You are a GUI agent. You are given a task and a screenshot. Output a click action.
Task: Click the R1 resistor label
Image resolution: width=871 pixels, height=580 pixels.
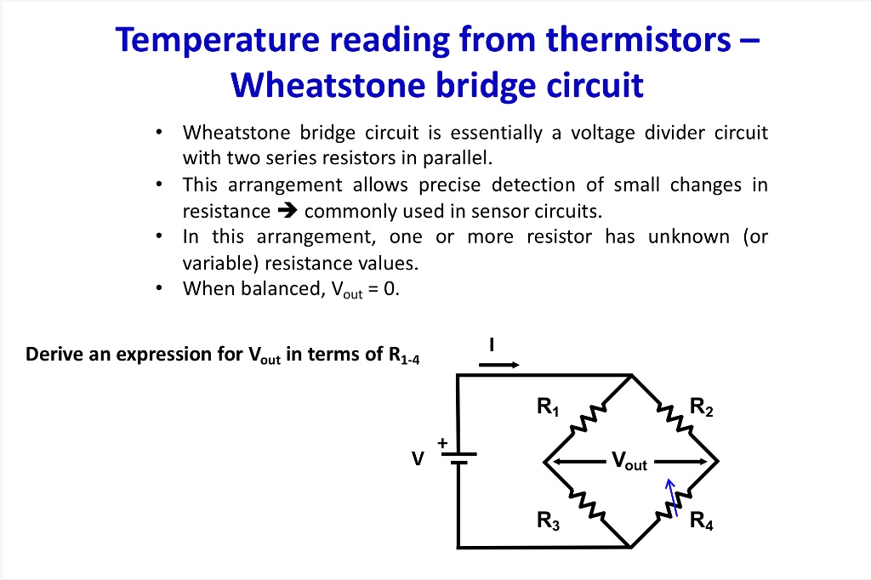[549, 407]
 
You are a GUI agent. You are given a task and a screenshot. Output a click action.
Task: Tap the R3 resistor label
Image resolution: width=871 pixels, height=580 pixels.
[549, 521]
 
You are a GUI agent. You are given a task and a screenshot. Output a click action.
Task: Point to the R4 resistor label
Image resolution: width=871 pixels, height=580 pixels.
[702, 521]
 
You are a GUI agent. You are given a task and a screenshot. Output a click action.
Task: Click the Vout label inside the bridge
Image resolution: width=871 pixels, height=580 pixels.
[629, 463]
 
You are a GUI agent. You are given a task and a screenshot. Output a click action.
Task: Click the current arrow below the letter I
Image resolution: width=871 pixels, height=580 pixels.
[498, 364]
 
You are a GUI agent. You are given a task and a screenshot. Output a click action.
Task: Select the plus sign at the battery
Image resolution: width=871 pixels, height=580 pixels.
[442, 443]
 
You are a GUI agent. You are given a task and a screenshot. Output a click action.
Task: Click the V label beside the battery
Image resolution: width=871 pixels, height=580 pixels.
[417, 458]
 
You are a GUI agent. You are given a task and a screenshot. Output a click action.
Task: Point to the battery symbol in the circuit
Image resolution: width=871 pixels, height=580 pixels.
[458, 459]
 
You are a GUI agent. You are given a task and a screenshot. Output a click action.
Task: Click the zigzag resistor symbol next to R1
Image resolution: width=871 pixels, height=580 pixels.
[588, 418]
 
